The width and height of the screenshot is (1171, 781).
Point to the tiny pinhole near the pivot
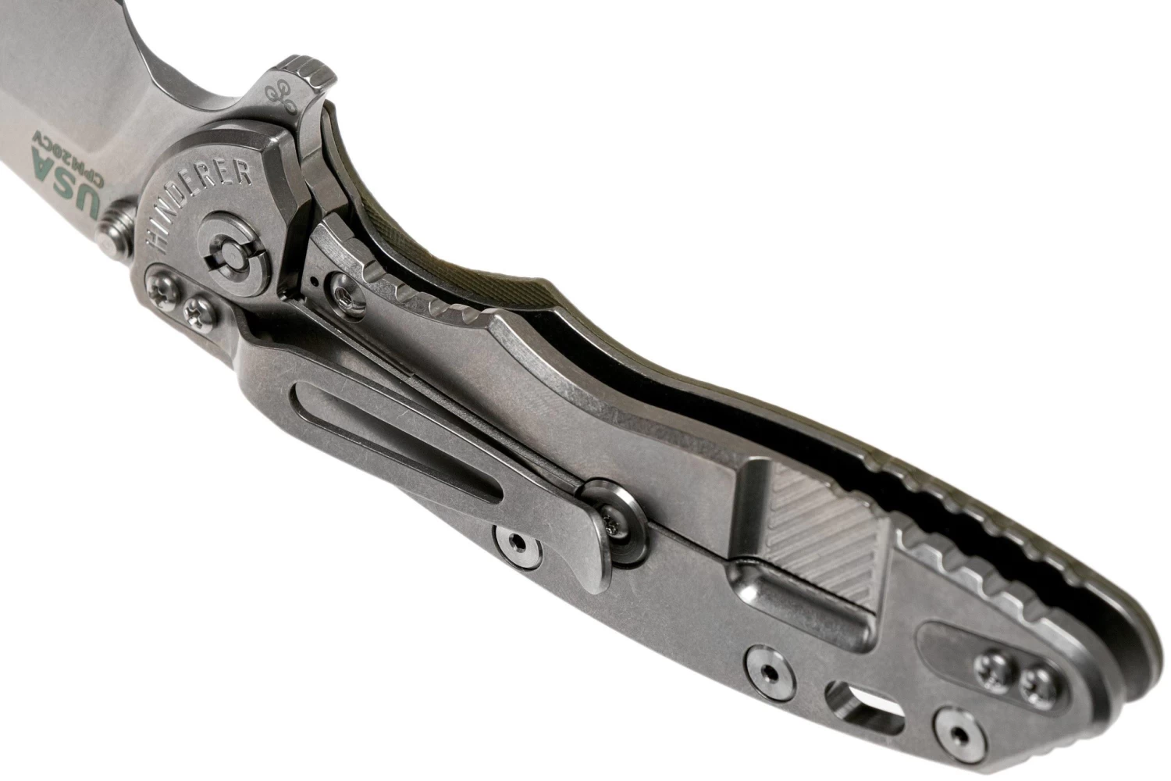tap(315, 278)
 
